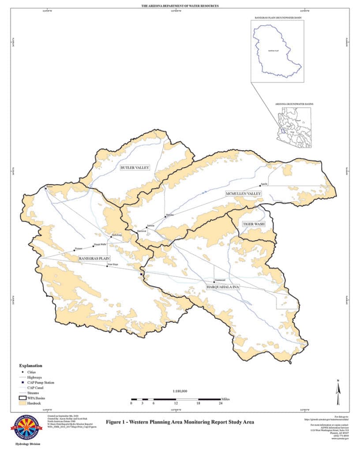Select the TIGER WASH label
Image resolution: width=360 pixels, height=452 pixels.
coord(254,224)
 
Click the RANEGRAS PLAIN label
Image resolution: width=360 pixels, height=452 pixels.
coord(94,258)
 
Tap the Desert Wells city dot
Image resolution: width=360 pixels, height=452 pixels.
coord(94,246)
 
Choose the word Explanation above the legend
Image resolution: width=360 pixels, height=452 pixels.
coord(30,365)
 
